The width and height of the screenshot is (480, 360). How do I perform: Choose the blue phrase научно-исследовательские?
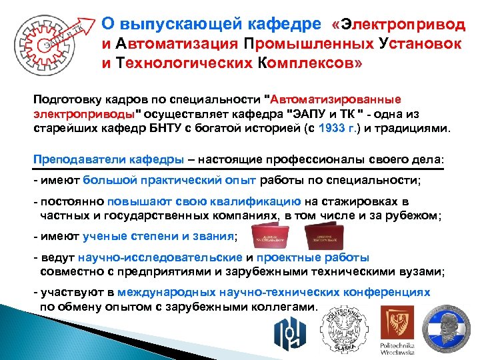point(160,258)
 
